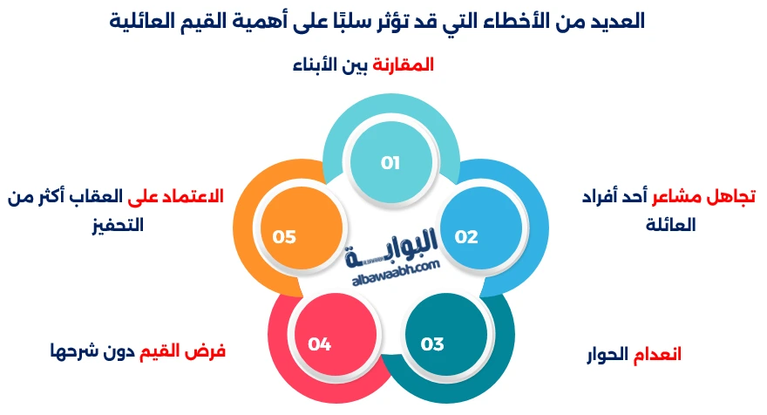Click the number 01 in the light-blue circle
click(390, 162)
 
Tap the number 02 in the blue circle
click(466, 236)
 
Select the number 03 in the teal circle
click(432, 344)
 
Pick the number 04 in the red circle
click(319, 344)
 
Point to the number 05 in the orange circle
click(285, 236)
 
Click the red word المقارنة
click(403, 65)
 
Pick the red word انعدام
click(657, 354)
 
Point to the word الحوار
click(606, 354)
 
